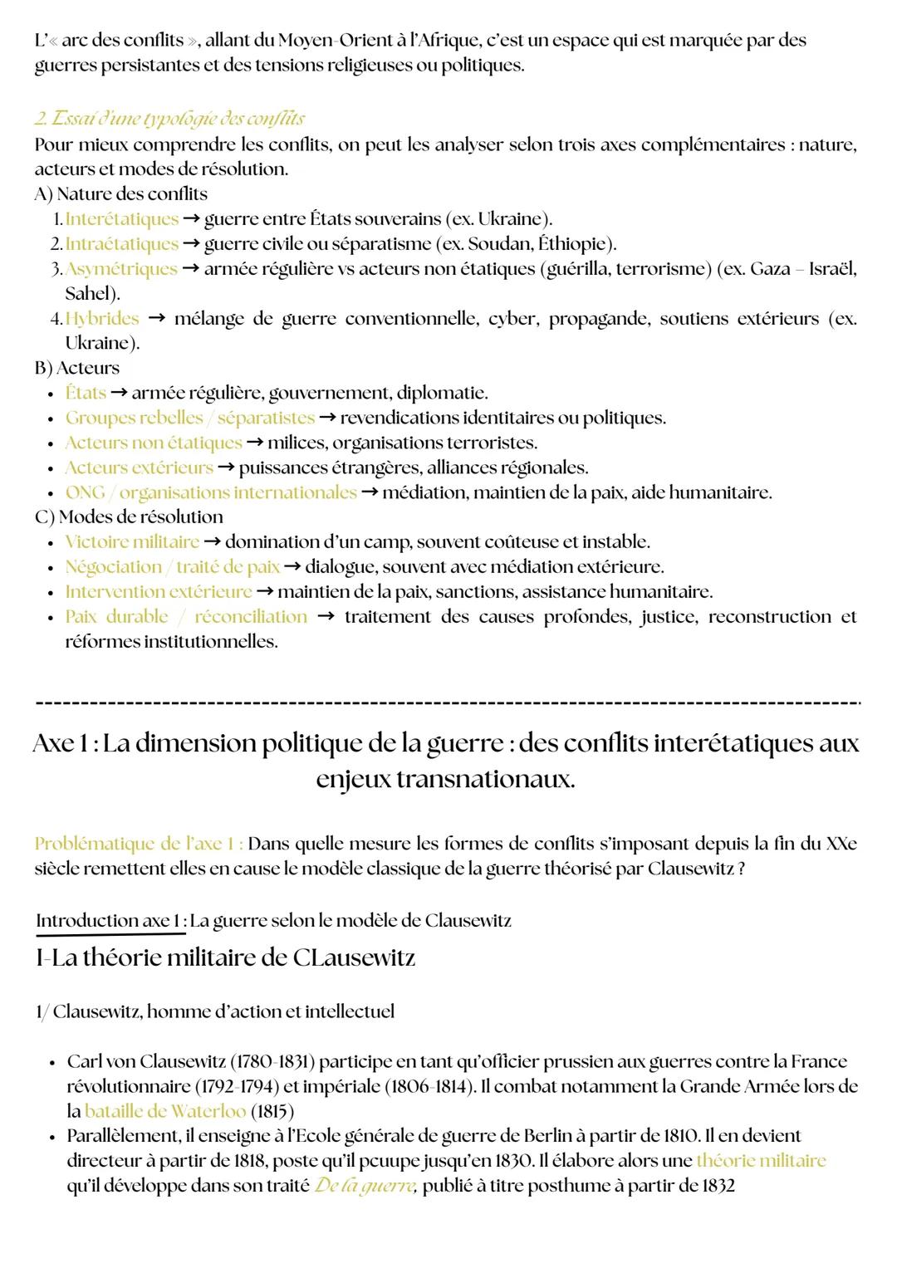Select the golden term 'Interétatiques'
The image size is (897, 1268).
(x=122, y=218)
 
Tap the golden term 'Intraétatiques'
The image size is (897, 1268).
(x=122, y=243)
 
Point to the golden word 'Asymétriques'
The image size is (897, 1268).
(x=121, y=268)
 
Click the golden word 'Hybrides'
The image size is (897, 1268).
(x=102, y=318)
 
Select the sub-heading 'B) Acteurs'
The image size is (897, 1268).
(x=76, y=367)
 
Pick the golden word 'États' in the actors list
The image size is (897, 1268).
(x=86, y=392)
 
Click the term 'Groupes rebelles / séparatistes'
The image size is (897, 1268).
(x=190, y=417)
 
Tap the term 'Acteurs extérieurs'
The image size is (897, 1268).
(x=139, y=467)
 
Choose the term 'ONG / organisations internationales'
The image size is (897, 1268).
(x=211, y=492)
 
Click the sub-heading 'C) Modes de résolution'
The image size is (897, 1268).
(x=129, y=517)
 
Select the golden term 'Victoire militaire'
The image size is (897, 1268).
(x=132, y=541)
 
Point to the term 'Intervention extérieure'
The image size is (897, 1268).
(x=159, y=591)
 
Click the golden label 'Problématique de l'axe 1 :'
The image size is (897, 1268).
(x=139, y=844)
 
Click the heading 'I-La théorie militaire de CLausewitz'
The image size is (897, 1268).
(x=225, y=957)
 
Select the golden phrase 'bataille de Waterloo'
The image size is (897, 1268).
(x=165, y=1110)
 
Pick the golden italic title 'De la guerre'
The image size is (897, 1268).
(x=365, y=1185)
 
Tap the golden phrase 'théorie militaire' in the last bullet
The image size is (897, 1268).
(x=761, y=1160)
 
